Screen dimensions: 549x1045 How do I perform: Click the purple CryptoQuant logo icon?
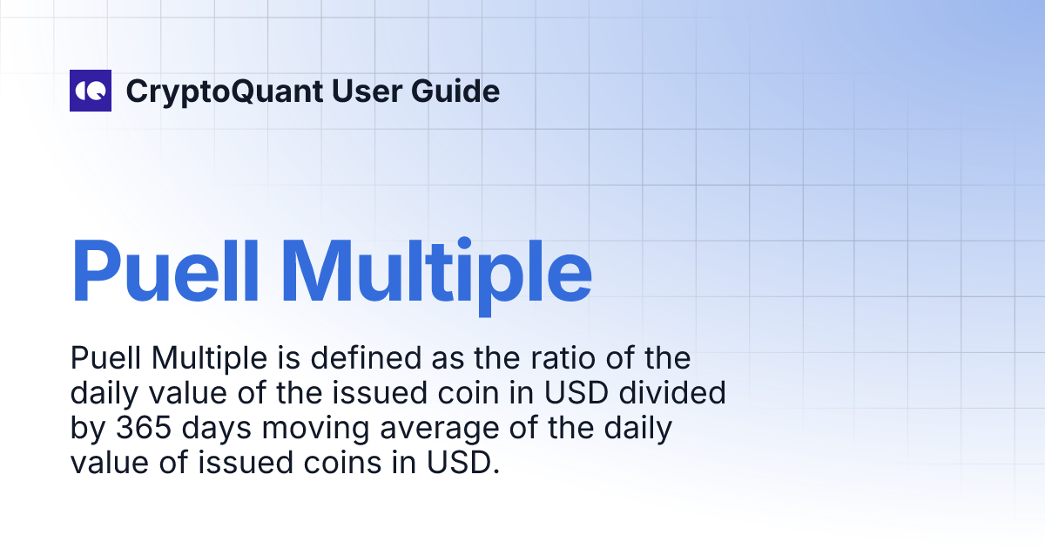(91, 91)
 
